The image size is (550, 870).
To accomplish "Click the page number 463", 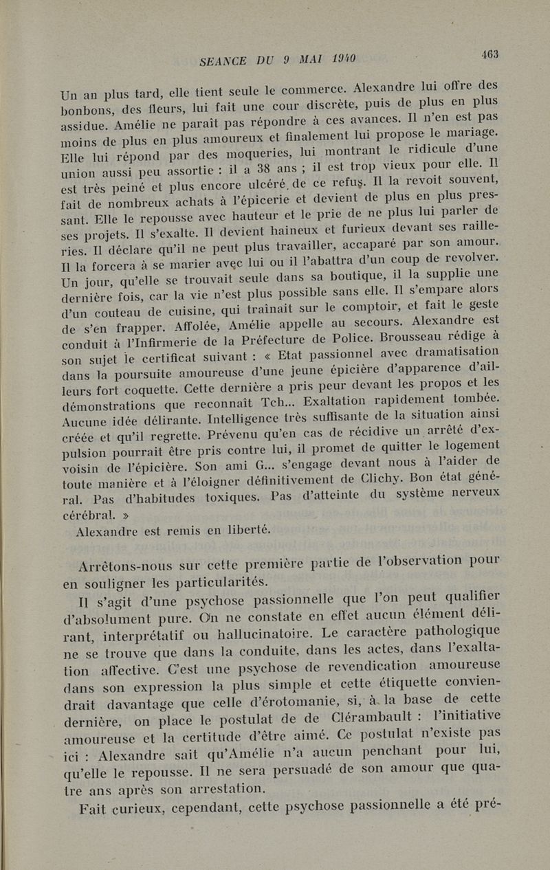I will click(x=489, y=54).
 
